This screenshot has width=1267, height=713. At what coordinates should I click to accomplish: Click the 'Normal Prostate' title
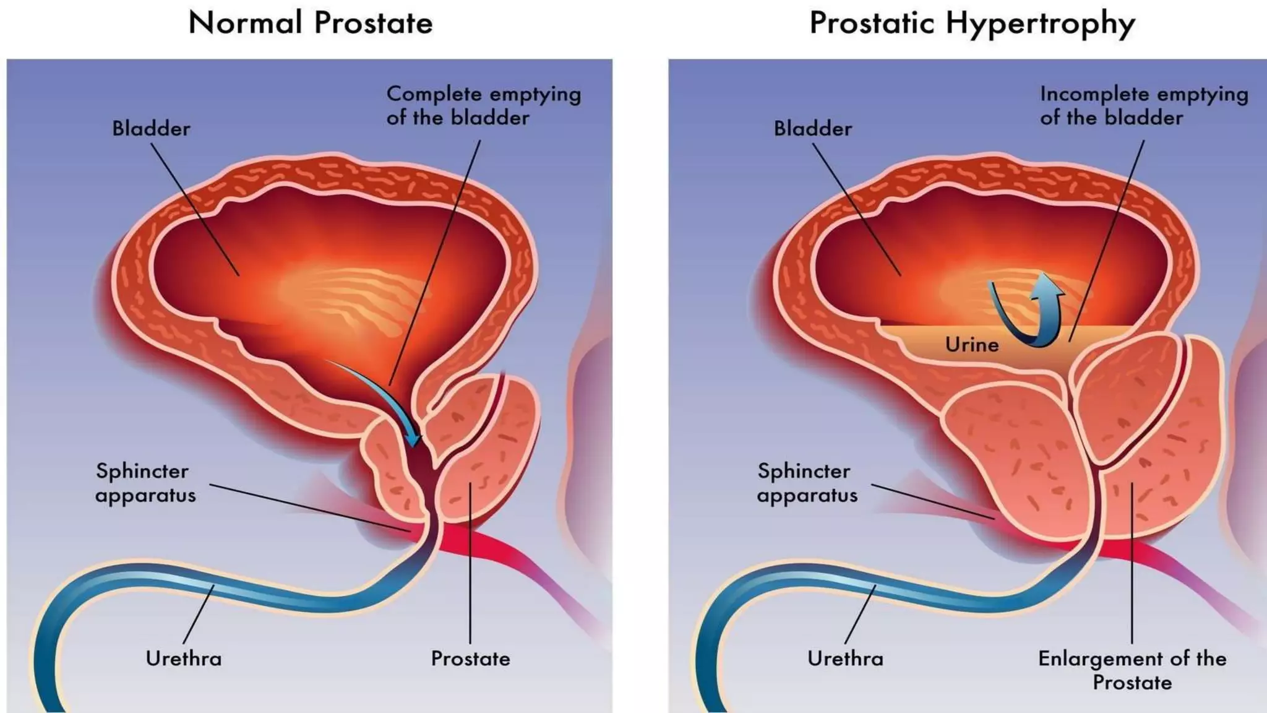(310, 24)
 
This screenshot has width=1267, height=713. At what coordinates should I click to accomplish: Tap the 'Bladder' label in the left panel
(151, 129)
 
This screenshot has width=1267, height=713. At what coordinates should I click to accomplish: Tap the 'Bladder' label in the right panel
(813, 129)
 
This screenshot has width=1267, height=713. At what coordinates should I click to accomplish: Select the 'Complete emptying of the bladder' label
(483, 106)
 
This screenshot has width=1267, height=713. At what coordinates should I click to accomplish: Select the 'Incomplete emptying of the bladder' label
(1143, 106)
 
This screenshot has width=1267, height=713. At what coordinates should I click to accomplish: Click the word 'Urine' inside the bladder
(971, 345)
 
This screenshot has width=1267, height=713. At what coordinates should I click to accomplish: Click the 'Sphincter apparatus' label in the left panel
(145, 483)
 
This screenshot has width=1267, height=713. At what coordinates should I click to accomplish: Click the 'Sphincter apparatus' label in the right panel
(806, 483)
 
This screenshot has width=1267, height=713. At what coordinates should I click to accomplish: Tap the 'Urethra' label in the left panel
(184, 659)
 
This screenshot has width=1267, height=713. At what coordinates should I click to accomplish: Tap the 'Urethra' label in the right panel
(845, 659)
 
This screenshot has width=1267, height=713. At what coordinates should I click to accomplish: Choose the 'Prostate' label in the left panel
(470, 659)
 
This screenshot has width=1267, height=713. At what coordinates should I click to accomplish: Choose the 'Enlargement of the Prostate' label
(1132, 670)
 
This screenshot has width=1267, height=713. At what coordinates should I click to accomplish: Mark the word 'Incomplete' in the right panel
(1094, 94)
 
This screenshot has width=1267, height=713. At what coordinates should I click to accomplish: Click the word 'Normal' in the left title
(245, 24)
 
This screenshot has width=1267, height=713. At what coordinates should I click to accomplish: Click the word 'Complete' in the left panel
(434, 94)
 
